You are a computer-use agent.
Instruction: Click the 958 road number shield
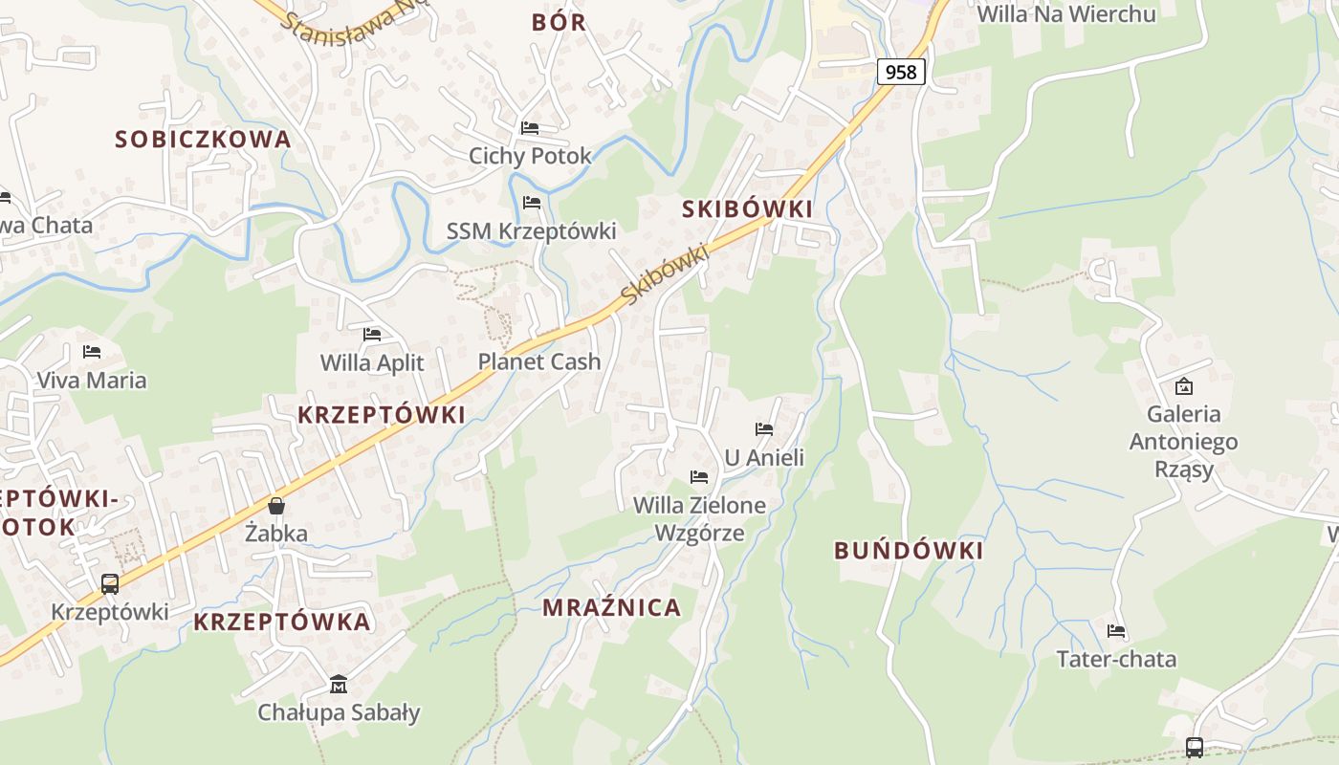[x=900, y=71]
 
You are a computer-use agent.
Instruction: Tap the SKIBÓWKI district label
[x=747, y=208]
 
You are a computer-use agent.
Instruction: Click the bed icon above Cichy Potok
[x=530, y=128]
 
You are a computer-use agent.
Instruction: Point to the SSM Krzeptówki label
[x=532, y=231]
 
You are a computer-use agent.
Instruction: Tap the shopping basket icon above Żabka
[x=276, y=506]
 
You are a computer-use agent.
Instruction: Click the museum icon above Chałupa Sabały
[x=339, y=685]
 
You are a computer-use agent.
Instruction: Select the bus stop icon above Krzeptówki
[x=110, y=583]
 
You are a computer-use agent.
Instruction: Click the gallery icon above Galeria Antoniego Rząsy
[x=1184, y=386]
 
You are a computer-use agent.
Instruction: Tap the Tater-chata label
[x=1116, y=659]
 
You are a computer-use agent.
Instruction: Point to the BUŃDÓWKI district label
[x=909, y=551]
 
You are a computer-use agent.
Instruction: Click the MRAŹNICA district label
[x=612, y=607]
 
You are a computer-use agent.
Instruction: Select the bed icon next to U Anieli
[x=764, y=429]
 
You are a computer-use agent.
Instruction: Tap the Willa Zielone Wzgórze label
[x=699, y=518]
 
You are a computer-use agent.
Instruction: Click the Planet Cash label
[x=539, y=361]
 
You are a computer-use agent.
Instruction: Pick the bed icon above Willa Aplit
[x=372, y=335]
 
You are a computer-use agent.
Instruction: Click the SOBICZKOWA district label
[x=203, y=139]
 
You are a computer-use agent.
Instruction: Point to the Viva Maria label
[x=92, y=380]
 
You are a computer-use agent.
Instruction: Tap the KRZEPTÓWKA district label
[x=281, y=622]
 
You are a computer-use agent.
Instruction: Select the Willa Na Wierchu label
[x=1066, y=13]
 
